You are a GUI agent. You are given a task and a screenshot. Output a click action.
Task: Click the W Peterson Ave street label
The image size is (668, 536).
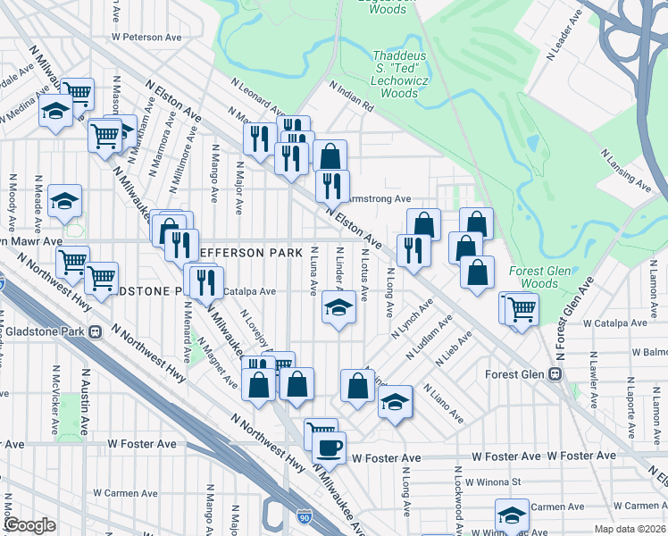pyautogui.click(x=146, y=38)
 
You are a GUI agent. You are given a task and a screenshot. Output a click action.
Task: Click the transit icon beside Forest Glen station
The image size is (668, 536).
pyautogui.click(x=555, y=374)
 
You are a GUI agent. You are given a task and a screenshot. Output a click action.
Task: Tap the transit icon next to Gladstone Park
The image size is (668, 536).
pyautogui.click(x=95, y=331)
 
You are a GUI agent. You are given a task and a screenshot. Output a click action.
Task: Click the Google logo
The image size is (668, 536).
pyautogui.click(x=30, y=524)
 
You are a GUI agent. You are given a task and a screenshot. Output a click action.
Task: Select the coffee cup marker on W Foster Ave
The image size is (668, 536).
pyautogui.click(x=330, y=446)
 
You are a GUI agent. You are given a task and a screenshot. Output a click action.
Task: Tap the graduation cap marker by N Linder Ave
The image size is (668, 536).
pyautogui.click(x=338, y=307)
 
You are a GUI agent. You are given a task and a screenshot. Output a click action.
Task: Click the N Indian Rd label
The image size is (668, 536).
pyautogui.click(x=351, y=96)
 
